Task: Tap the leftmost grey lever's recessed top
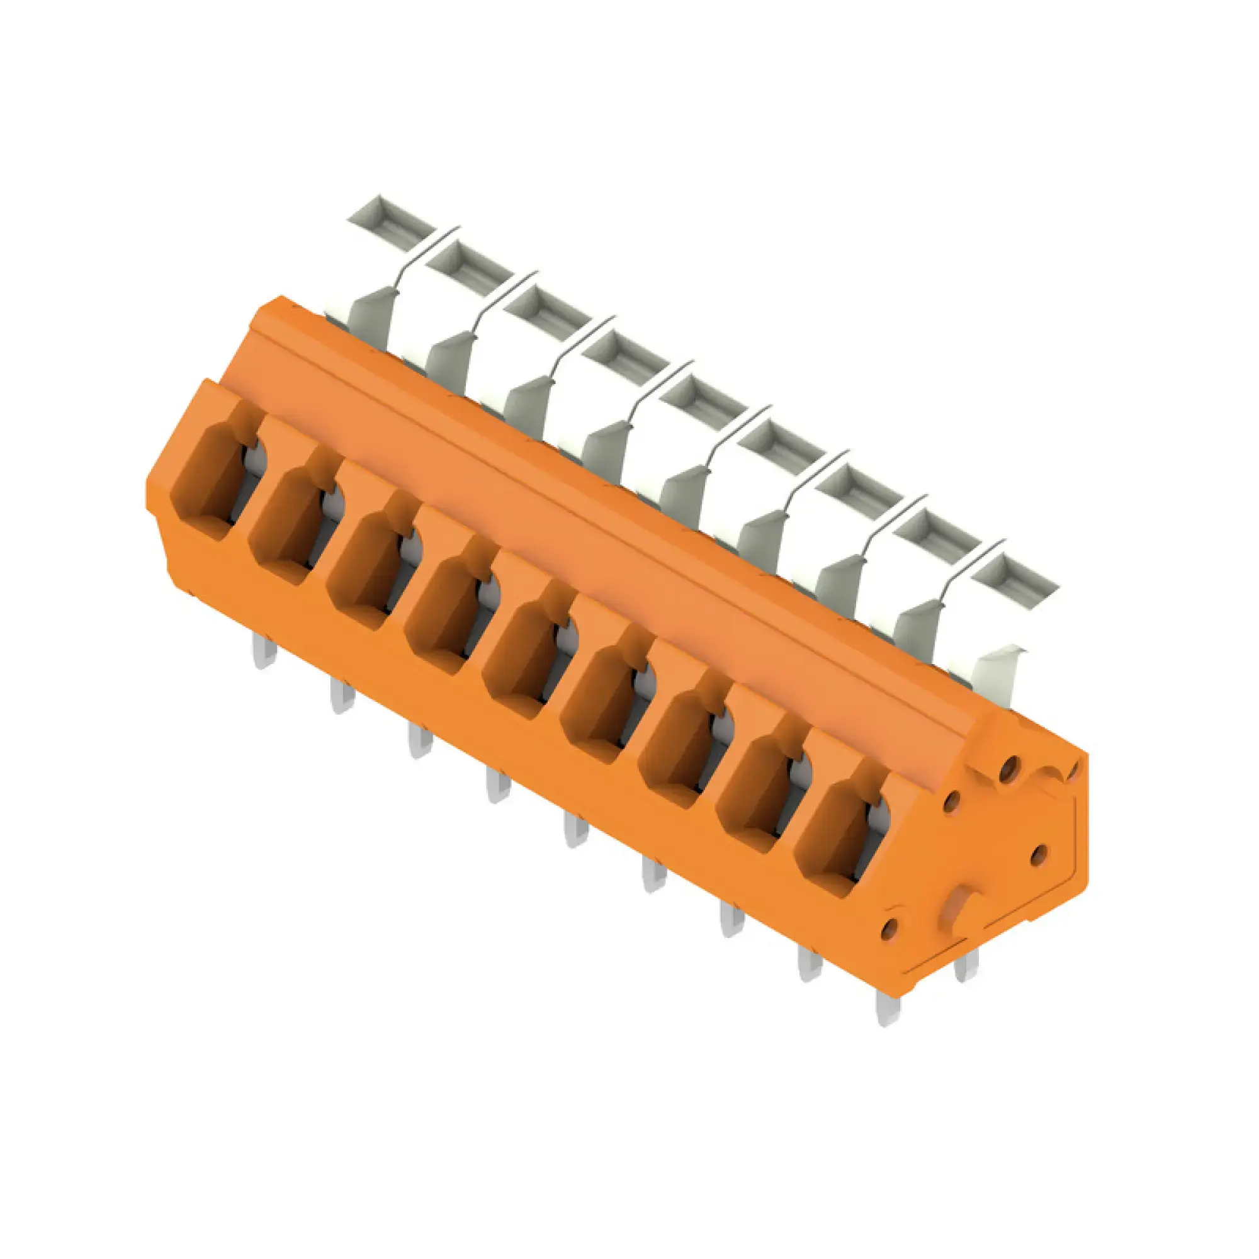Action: (390, 220)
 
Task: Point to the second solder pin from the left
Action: (342, 696)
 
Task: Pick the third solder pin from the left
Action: (421, 741)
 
